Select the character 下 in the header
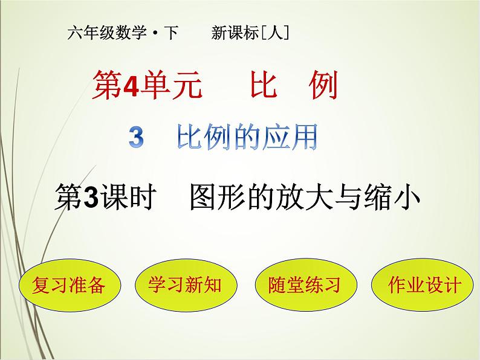coord(171,34)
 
